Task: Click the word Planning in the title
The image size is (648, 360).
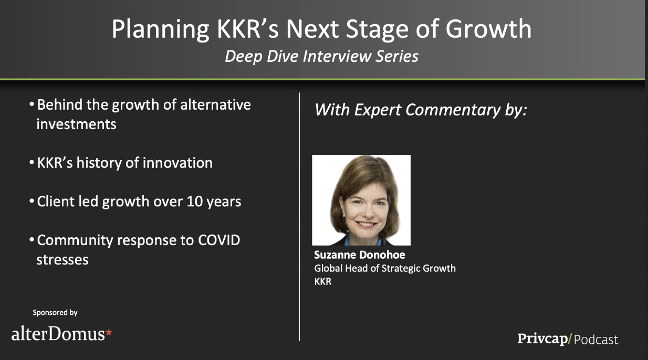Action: [x=161, y=30]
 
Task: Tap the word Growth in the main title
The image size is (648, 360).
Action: [x=488, y=29]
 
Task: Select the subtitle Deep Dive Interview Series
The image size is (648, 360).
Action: [x=322, y=56]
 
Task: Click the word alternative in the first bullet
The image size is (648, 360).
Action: [x=215, y=104]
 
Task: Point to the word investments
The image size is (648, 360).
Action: [x=76, y=124]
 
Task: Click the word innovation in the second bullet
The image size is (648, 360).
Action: [x=177, y=163]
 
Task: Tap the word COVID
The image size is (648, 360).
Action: [x=219, y=240]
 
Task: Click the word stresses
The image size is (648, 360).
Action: [x=62, y=260]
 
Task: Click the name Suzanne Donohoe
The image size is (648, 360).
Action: [x=360, y=255]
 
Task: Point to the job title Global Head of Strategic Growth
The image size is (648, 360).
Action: [x=385, y=269]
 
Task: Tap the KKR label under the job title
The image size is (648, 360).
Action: [x=323, y=281]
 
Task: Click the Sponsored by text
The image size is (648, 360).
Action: [x=55, y=313]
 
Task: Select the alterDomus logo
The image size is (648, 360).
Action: [x=61, y=334]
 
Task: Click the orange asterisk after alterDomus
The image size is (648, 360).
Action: [x=109, y=333]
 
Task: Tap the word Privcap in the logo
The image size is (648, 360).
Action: [x=542, y=339]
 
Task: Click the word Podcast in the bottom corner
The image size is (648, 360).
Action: [x=596, y=340]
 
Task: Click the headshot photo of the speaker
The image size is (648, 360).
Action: [x=361, y=200]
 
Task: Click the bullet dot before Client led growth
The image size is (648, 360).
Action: [x=32, y=201]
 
